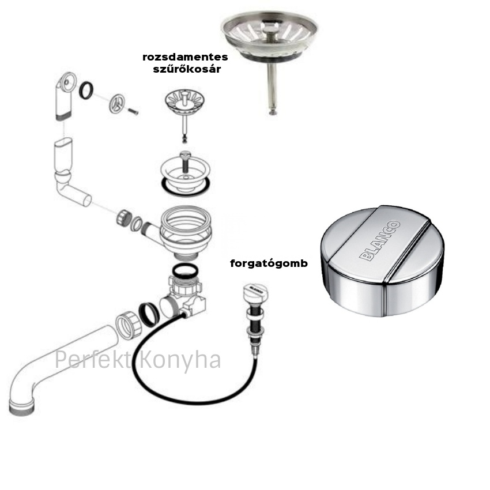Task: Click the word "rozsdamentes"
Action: click(185, 57)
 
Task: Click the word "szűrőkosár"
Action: click(187, 69)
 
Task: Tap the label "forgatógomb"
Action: click(269, 263)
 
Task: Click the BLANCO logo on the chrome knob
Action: click(380, 240)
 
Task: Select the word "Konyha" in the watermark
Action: click(180, 360)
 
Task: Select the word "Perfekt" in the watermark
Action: click(93, 359)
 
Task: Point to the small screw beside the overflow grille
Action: click(133, 111)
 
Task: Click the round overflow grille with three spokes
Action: click(117, 103)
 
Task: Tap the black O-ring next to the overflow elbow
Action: click(86, 91)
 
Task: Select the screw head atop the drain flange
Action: click(185, 154)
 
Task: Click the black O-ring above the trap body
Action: click(184, 270)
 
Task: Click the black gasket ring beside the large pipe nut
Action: click(149, 314)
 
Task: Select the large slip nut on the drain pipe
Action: click(128, 326)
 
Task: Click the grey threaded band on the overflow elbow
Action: click(64, 117)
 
